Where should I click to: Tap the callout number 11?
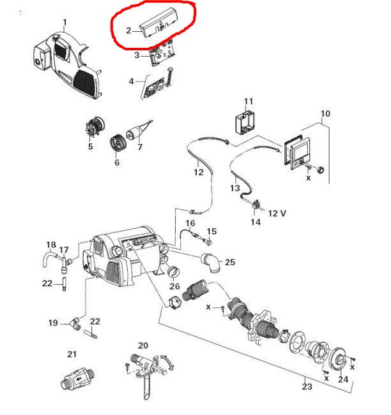[x=249, y=101]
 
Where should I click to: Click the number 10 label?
[x=325, y=114]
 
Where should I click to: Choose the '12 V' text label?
[x=277, y=212]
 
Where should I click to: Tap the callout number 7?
[x=140, y=147]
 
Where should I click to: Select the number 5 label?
[x=90, y=147]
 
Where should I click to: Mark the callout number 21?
[x=72, y=354]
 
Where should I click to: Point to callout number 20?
[x=142, y=346]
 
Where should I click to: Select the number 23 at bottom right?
[x=307, y=386]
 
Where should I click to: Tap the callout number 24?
[x=342, y=380]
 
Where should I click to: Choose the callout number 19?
[x=53, y=323]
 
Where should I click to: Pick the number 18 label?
[x=51, y=245]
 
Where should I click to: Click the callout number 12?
[x=199, y=171]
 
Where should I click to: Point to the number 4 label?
[x=131, y=82]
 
